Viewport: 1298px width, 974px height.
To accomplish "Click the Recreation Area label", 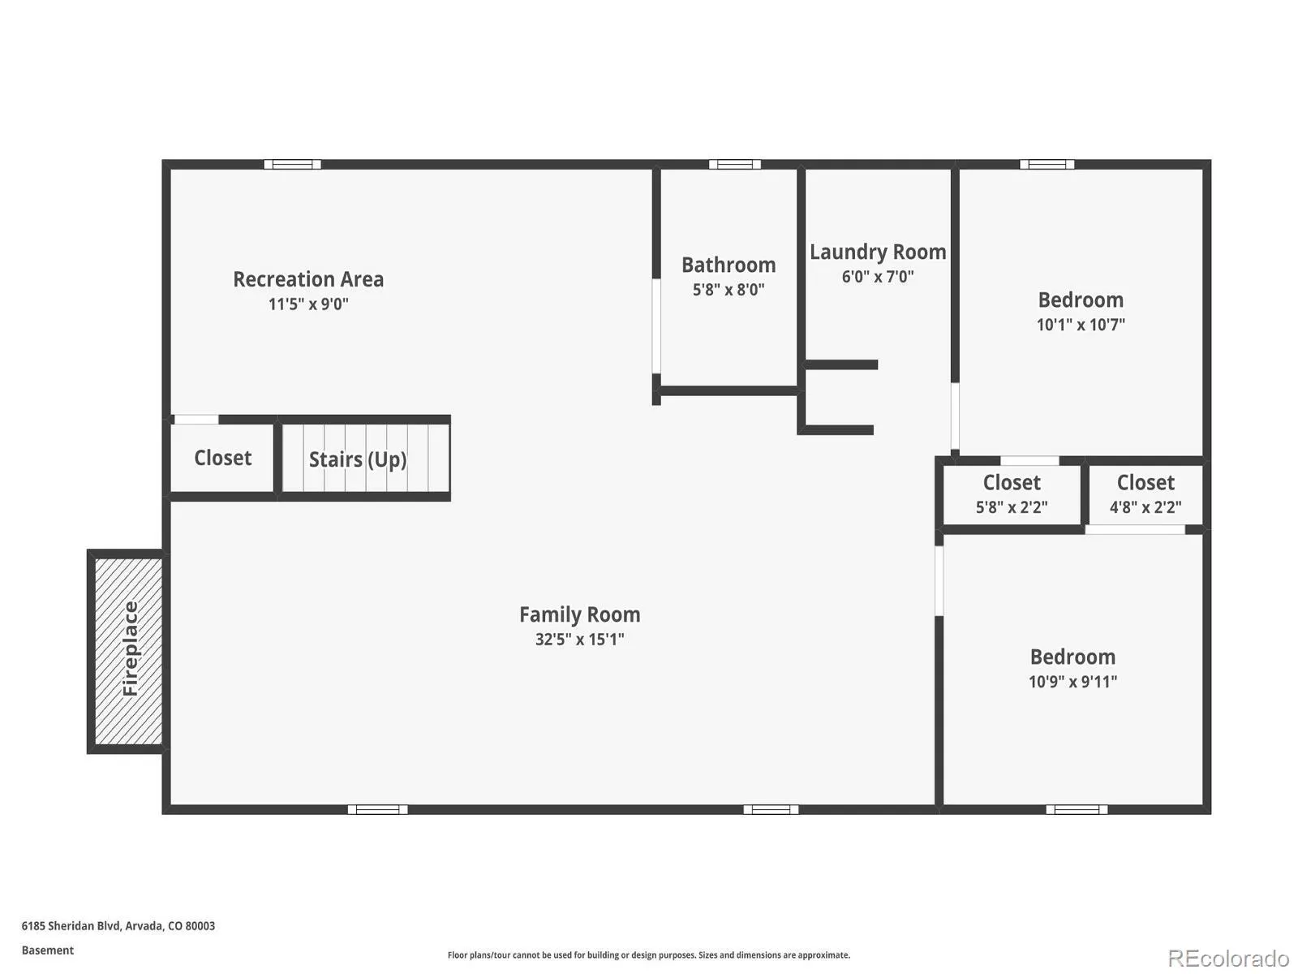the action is [308, 279].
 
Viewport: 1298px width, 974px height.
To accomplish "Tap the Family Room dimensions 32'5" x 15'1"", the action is [579, 640].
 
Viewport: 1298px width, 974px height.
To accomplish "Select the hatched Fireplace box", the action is [128, 651].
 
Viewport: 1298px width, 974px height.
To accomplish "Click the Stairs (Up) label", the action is [358, 459].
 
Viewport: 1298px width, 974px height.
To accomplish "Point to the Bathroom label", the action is [729, 265].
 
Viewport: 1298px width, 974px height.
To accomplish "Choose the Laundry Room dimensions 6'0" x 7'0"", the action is [878, 276].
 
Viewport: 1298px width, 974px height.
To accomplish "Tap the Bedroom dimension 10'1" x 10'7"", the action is [1081, 325].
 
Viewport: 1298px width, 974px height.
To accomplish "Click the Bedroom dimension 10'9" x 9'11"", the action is [1072, 682].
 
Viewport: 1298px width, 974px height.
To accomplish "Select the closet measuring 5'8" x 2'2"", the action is [1011, 495].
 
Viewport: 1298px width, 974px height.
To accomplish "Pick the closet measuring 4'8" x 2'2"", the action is [1145, 495].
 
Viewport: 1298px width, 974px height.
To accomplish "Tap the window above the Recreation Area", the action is [292, 165].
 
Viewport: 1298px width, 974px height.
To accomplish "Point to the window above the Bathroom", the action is [734, 165].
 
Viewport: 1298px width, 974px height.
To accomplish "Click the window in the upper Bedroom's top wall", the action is [1047, 165].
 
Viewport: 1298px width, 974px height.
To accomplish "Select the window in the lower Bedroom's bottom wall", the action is [1077, 809].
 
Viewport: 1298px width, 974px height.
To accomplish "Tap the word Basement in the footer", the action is [48, 950].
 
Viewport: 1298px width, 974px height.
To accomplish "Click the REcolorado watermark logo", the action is [1229, 958].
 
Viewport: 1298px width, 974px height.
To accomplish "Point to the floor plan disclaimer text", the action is [649, 955].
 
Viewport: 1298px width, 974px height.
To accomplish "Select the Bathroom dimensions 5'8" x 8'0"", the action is [729, 290].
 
